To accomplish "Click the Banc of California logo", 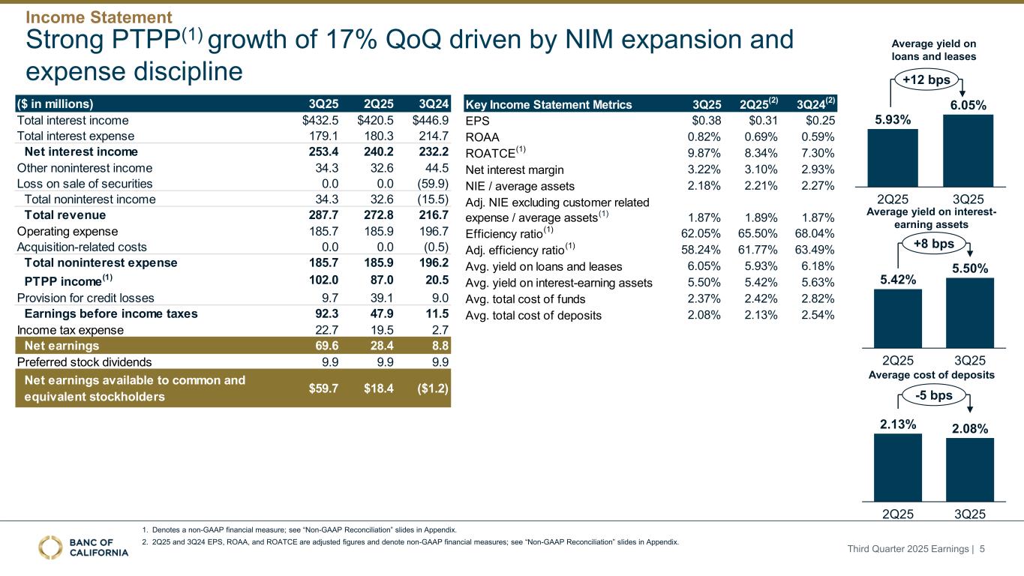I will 83,547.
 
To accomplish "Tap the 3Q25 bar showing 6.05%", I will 968,151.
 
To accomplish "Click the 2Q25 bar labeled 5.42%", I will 898,318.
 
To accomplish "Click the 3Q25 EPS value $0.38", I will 705,120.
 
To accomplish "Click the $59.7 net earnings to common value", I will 323,388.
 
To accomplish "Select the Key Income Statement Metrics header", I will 549,104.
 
